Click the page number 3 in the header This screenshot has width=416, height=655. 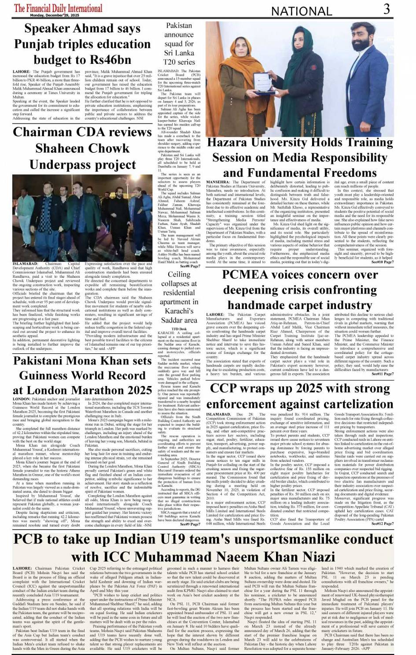tap(386, 9)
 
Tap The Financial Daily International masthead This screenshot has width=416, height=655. tap(58, 8)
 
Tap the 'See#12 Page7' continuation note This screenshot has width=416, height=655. tap(383, 523)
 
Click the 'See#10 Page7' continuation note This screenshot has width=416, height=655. tap(383, 262)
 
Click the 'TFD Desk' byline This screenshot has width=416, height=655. tap(179, 328)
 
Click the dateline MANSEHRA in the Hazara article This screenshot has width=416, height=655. tap(217, 182)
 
